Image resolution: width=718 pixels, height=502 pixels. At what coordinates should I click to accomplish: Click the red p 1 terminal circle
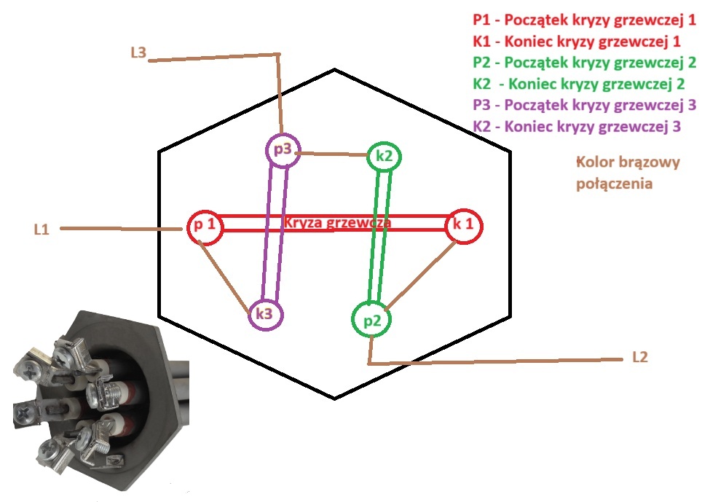pyautogui.click(x=204, y=226)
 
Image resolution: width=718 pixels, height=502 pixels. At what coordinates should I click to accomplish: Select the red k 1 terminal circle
pyautogui.click(x=464, y=224)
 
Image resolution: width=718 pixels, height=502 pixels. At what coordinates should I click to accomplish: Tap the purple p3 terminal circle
pyautogui.click(x=283, y=151)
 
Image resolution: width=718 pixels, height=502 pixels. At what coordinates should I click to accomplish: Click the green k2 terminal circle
pyautogui.click(x=384, y=156)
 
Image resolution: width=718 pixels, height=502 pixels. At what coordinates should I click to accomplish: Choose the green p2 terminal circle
pyautogui.click(x=371, y=320)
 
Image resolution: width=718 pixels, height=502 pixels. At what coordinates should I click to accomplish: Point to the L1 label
pyautogui.click(x=42, y=229)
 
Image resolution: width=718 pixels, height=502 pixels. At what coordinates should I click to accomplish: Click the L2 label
pyautogui.click(x=639, y=358)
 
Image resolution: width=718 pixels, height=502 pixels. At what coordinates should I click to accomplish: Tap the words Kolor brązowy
pyautogui.click(x=627, y=162)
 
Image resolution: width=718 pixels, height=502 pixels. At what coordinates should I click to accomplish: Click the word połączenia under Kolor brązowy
pyautogui.click(x=614, y=184)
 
